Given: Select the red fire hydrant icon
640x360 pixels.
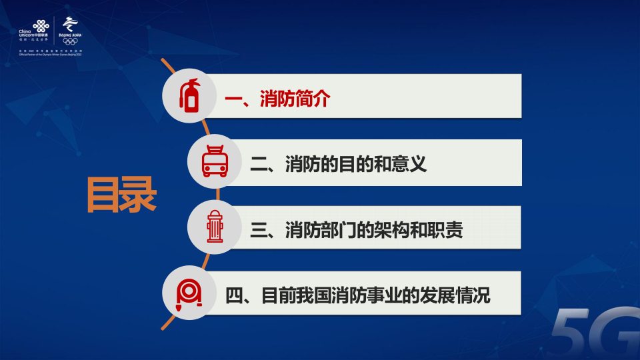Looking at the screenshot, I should click(x=214, y=227).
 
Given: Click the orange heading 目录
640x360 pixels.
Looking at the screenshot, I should click(x=121, y=195).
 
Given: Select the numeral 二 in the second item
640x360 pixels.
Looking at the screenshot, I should click(x=259, y=164).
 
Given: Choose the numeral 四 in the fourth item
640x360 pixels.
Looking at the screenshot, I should click(x=234, y=295).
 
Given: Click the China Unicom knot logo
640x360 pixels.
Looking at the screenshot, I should click(x=42, y=26).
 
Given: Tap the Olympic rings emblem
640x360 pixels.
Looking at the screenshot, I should click(x=70, y=42).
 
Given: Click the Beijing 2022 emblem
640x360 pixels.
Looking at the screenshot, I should click(x=70, y=25).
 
